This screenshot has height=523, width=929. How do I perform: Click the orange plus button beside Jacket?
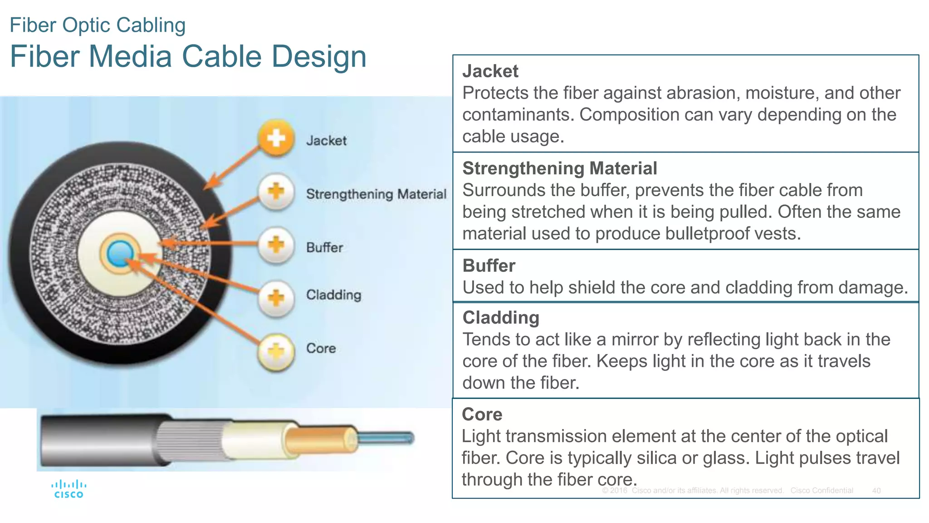(276, 138)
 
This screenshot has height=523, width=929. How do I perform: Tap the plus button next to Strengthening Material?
(276, 192)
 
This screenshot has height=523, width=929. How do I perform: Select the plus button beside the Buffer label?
(276, 245)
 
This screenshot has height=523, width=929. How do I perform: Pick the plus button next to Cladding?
(276, 298)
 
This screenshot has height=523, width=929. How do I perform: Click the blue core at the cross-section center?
(120, 253)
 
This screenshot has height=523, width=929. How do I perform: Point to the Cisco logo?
(68, 489)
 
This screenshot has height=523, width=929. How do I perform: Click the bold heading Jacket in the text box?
(490, 71)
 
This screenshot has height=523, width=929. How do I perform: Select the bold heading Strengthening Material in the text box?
(559, 168)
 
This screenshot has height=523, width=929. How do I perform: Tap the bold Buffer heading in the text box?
(489, 266)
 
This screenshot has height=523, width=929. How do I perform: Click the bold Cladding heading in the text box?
(501, 318)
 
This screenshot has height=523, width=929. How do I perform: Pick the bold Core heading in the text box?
(482, 414)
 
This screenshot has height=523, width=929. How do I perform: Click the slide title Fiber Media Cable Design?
(188, 57)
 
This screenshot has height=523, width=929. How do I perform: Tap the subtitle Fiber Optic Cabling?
(98, 25)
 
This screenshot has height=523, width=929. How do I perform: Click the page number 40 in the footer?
(876, 491)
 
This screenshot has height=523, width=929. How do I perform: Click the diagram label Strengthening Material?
(376, 194)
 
